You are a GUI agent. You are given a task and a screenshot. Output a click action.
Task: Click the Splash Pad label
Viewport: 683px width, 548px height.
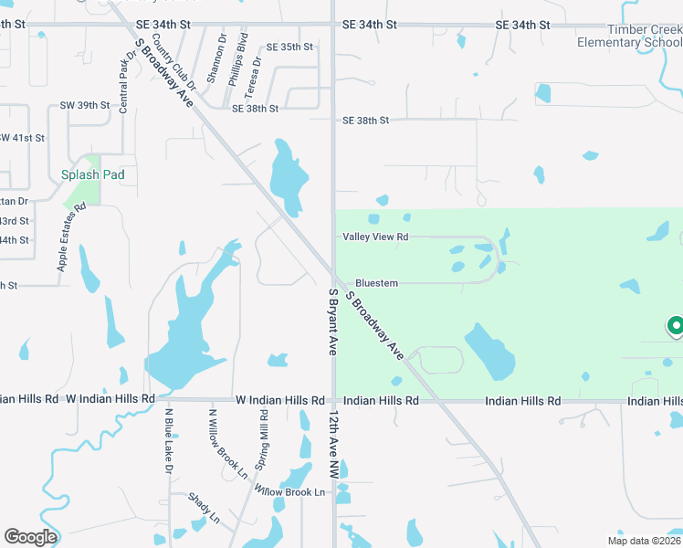[x=92, y=174]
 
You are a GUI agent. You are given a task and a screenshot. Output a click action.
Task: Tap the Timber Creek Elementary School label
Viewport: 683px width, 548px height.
[x=630, y=36]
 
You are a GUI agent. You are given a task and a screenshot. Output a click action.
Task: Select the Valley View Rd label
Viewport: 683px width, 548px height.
[x=375, y=237]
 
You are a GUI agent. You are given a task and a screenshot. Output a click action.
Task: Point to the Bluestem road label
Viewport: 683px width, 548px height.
[x=376, y=283]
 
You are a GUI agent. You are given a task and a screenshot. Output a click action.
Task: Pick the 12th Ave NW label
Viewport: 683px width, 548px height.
[x=334, y=445]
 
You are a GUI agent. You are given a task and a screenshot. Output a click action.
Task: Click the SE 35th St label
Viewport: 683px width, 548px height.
[x=289, y=47]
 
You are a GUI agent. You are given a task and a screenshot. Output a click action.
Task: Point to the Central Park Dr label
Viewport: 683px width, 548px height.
[x=126, y=80]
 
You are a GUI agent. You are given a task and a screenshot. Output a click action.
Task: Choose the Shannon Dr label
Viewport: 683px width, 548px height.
[x=215, y=58]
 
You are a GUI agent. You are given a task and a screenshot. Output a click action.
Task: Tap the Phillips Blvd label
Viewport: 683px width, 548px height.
[x=237, y=60]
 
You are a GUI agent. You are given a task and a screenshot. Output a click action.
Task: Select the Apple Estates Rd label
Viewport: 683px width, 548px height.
[x=71, y=237]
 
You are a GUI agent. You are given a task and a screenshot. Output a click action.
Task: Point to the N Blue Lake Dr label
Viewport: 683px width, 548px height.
[x=168, y=440]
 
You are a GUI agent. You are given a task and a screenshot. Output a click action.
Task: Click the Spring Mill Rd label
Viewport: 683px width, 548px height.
[x=263, y=441]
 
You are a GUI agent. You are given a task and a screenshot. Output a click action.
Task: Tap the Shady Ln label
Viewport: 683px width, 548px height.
[x=204, y=509]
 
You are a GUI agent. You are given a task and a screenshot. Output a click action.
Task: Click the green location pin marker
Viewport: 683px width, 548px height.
[x=676, y=326]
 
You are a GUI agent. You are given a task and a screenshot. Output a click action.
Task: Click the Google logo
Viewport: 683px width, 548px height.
[x=30, y=536]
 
